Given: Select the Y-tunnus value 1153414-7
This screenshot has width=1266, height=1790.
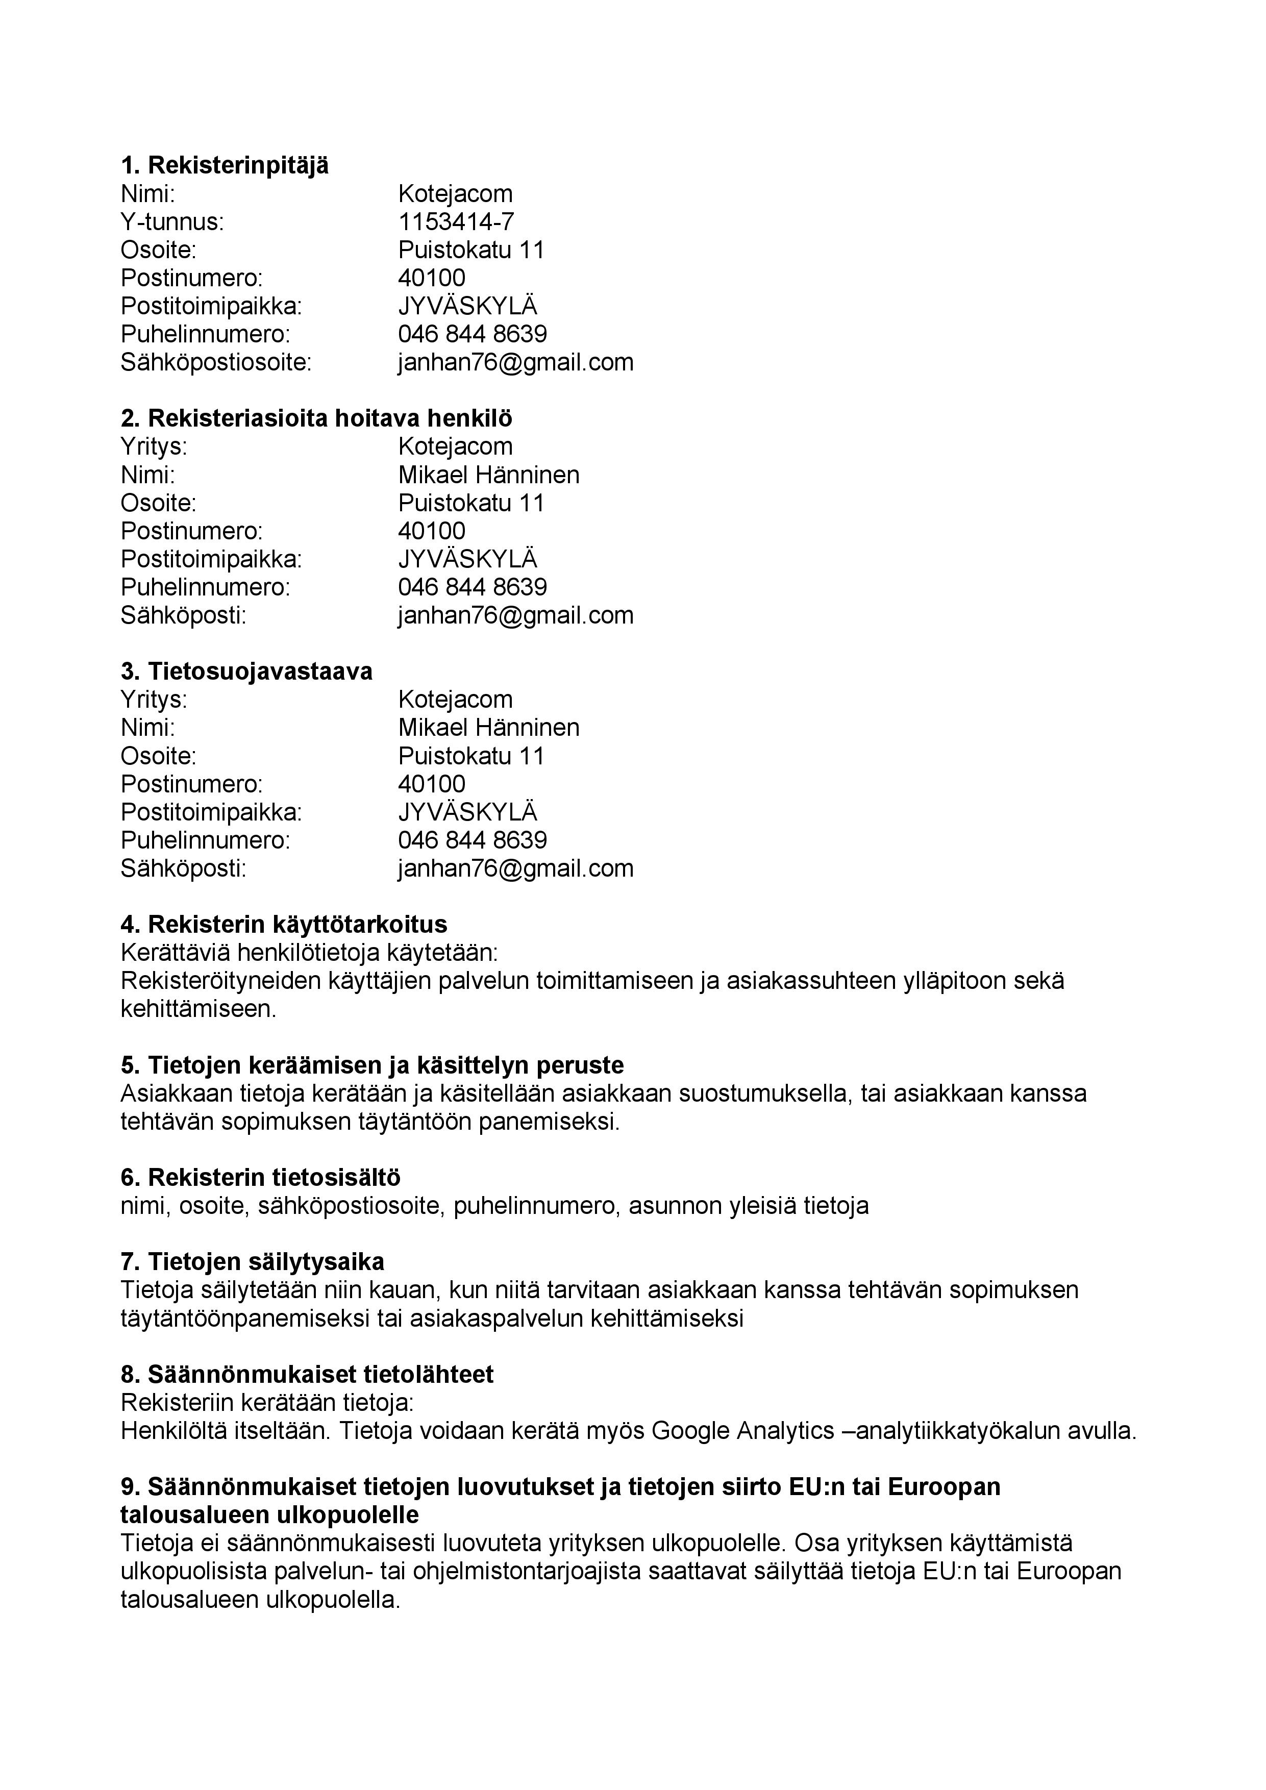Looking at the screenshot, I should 456,222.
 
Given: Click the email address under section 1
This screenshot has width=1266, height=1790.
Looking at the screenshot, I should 515,362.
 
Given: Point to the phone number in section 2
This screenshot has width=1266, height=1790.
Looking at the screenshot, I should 473,587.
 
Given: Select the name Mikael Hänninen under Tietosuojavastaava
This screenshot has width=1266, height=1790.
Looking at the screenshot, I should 489,728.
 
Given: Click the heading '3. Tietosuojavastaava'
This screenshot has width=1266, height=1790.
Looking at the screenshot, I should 246,672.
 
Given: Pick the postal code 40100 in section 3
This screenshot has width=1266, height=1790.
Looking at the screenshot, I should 432,784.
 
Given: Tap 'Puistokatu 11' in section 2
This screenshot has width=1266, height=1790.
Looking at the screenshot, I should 471,503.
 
